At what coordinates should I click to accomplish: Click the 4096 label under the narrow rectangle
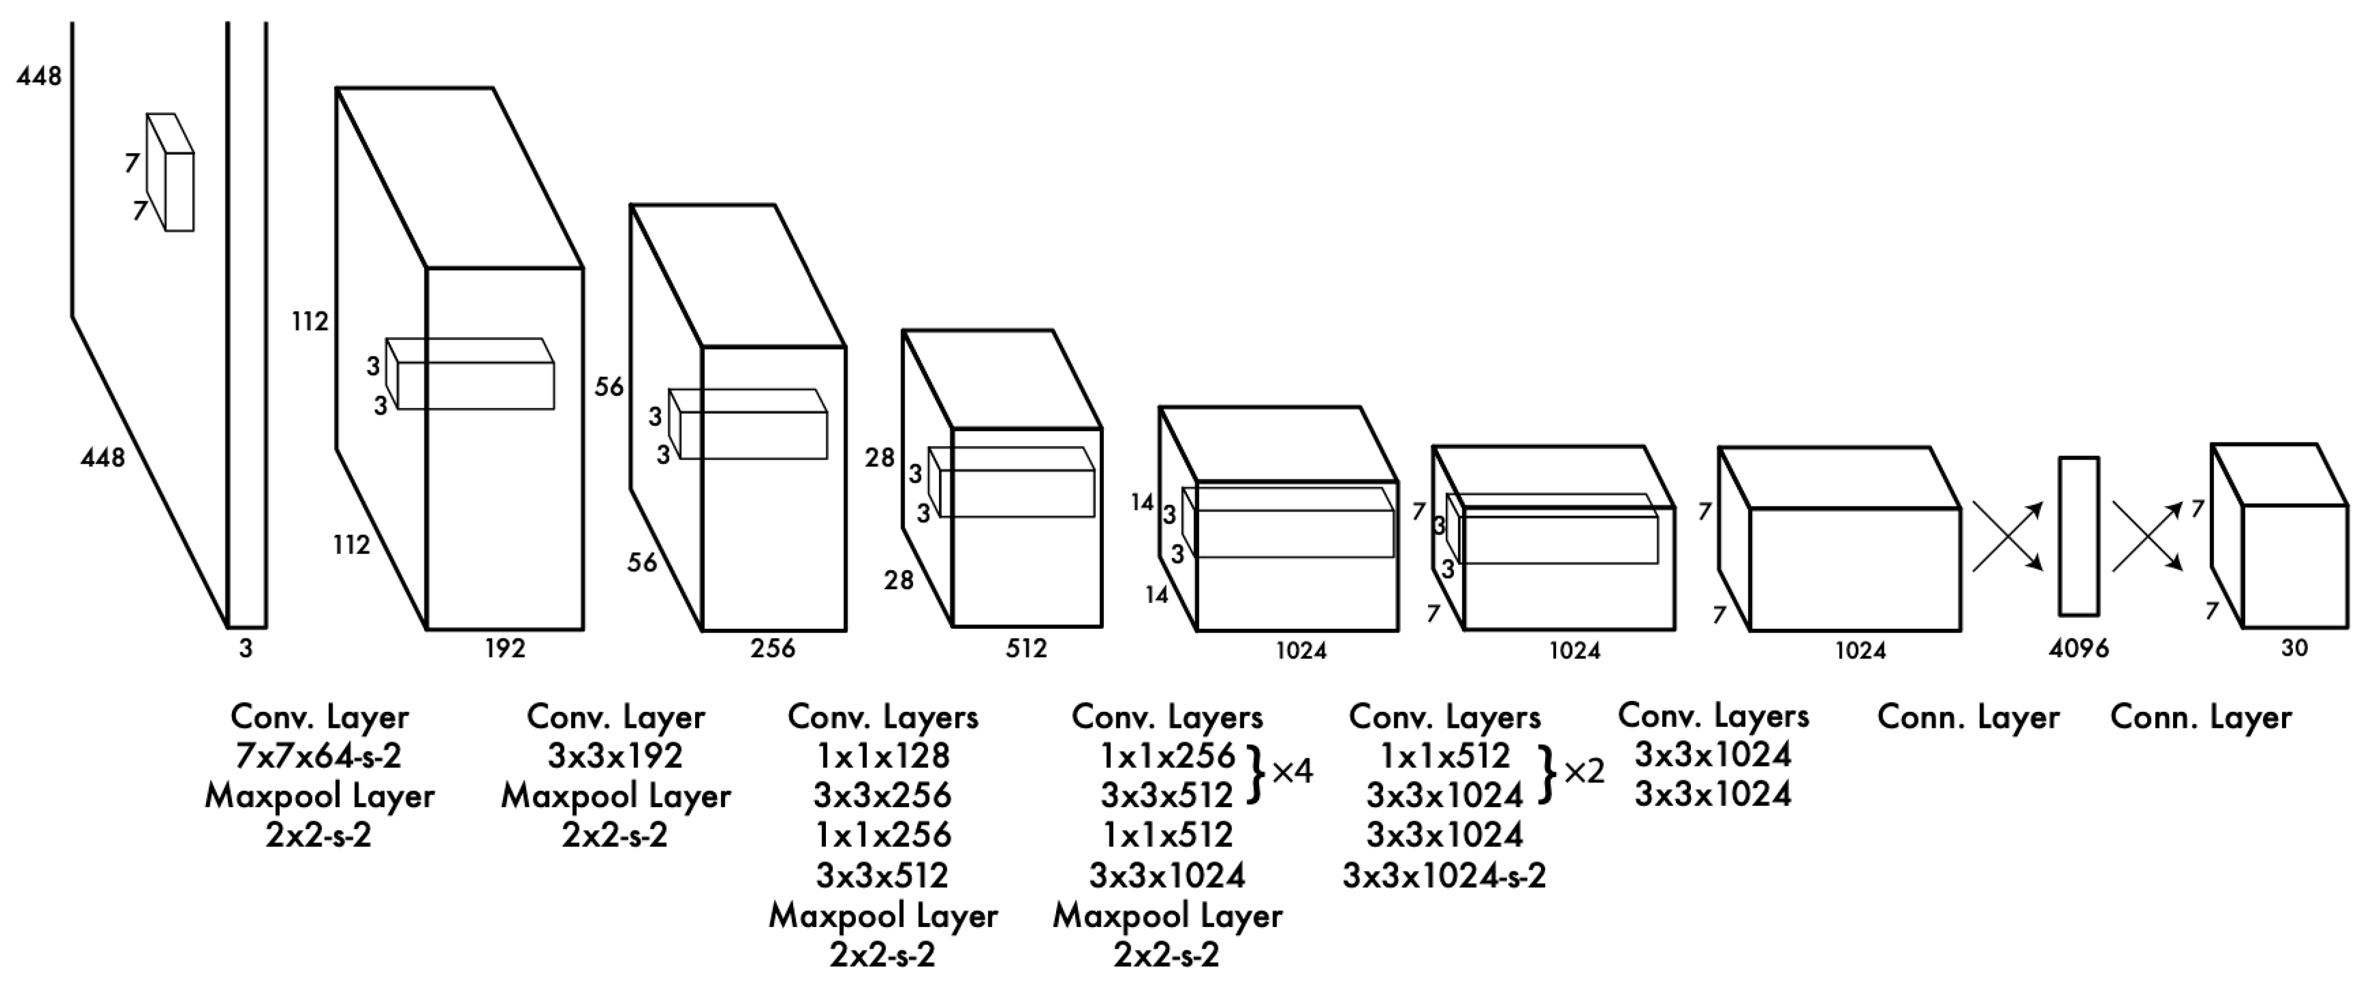coord(2078,649)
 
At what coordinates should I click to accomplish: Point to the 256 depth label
coord(772,649)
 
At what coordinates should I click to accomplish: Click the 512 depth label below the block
coord(1026,649)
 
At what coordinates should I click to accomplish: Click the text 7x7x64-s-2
coord(319,756)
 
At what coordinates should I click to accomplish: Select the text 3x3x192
coord(616,756)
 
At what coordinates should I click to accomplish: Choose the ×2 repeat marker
coord(1583,771)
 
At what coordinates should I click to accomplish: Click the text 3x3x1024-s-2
coord(1445,875)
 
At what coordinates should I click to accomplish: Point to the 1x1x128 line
coord(883,756)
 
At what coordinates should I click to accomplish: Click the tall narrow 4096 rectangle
coord(2078,536)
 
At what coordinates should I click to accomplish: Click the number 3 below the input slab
coord(245,649)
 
